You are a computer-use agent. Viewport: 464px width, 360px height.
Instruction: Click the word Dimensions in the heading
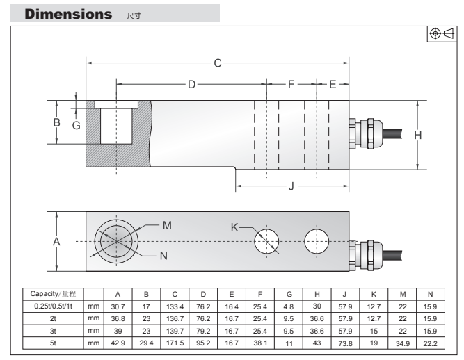tap(61, 13)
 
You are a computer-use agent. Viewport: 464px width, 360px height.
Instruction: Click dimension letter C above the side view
tap(217, 63)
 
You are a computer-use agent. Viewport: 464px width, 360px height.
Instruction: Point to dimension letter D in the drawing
tap(192, 84)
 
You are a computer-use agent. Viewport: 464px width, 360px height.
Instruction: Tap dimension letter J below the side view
tap(291, 186)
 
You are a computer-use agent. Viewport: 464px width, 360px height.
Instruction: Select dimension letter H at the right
tap(418, 135)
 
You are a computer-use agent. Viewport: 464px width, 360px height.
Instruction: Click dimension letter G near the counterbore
tap(77, 125)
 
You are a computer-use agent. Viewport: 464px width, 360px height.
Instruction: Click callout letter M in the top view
tap(166, 225)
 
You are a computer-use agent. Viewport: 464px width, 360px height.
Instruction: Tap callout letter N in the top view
tap(163, 255)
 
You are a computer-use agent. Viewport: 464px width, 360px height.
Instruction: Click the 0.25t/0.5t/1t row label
tap(52, 306)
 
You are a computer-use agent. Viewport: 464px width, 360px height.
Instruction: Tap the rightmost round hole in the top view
tap(320, 241)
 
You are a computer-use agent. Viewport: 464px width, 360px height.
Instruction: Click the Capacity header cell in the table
tap(52, 294)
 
